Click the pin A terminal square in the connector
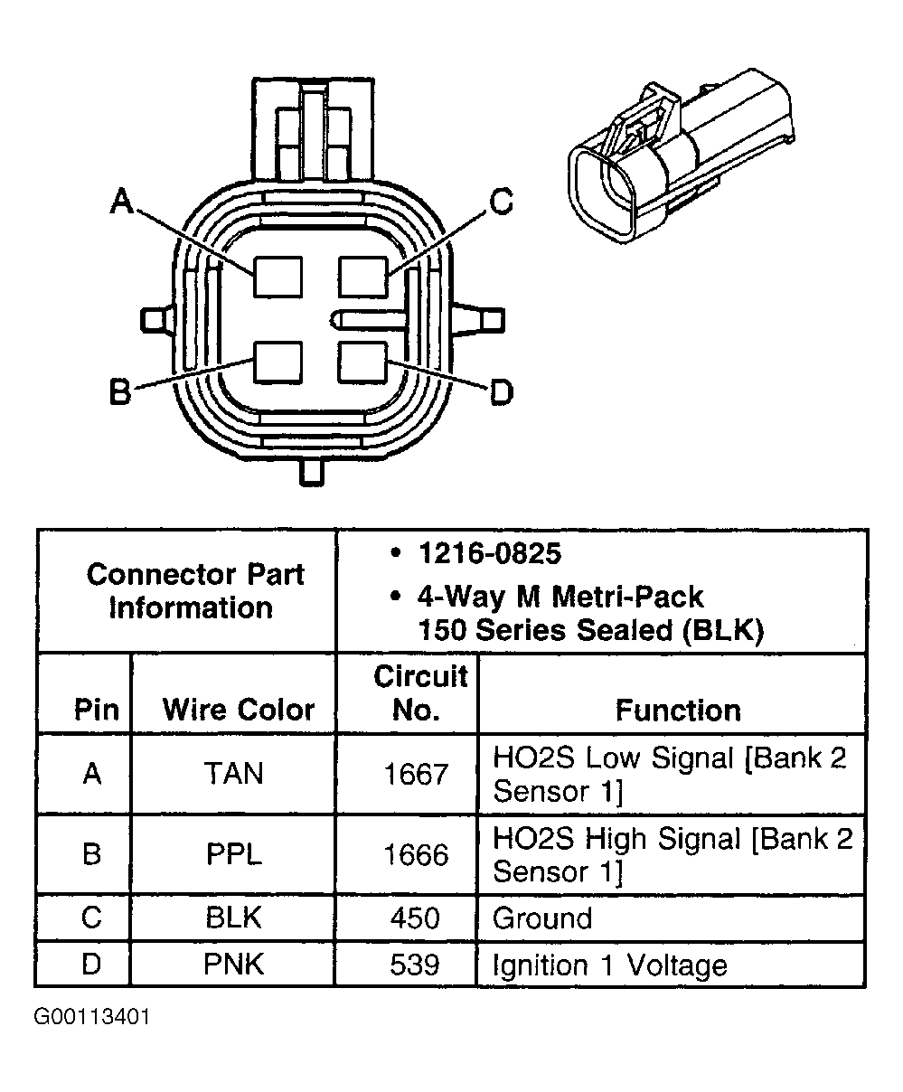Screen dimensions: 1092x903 pos(277,276)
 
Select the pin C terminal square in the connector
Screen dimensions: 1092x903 pos(363,276)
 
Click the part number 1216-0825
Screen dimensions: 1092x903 pos(489,553)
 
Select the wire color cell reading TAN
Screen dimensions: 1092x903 pos(233,774)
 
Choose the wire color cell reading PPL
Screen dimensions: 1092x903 pos(233,854)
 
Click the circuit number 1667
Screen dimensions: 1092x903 pos(415,774)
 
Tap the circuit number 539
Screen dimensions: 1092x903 pos(415,965)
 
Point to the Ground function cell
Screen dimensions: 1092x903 pos(542,918)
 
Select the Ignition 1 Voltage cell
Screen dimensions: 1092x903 pos(609,965)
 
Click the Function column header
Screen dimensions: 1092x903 pos(677,710)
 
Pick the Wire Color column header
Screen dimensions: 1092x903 pos(238,710)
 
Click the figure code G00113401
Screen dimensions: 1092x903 pos(92,1017)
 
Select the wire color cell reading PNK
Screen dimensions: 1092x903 pos(233,965)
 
